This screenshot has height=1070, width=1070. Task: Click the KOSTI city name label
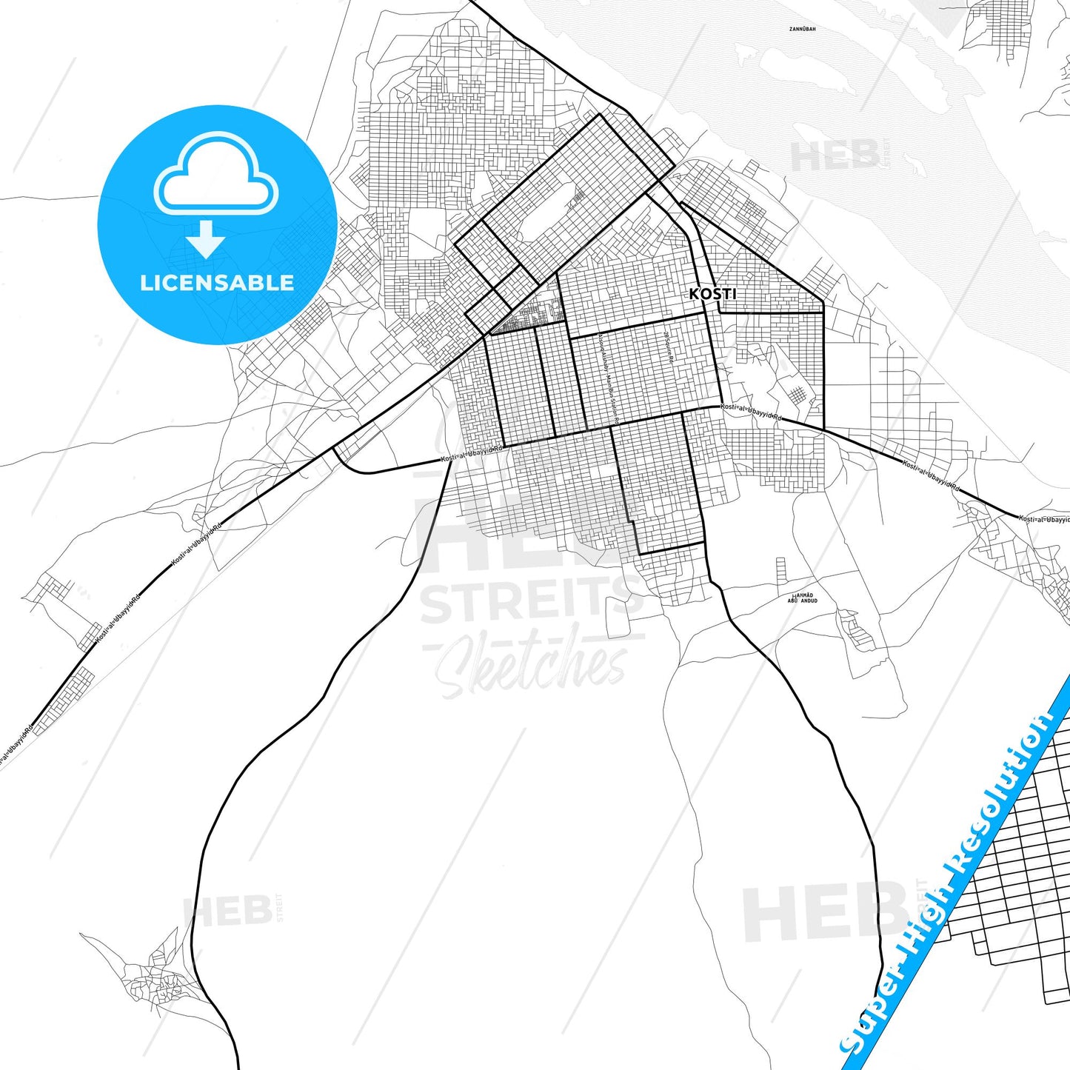pyautogui.click(x=712, y=294)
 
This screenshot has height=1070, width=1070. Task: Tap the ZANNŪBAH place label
pyautogui.click(x=802, y=29)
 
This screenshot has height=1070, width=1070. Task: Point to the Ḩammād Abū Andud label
pyautogui.click(x=803, y=598)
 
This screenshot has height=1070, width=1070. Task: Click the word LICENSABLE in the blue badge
pyautogui.click(x=217, y=283)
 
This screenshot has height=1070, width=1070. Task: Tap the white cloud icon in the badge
pyautogui.click(x=215, y=175)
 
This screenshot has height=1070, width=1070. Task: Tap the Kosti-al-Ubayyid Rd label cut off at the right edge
pyautogui.click(x=1044, y=519)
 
